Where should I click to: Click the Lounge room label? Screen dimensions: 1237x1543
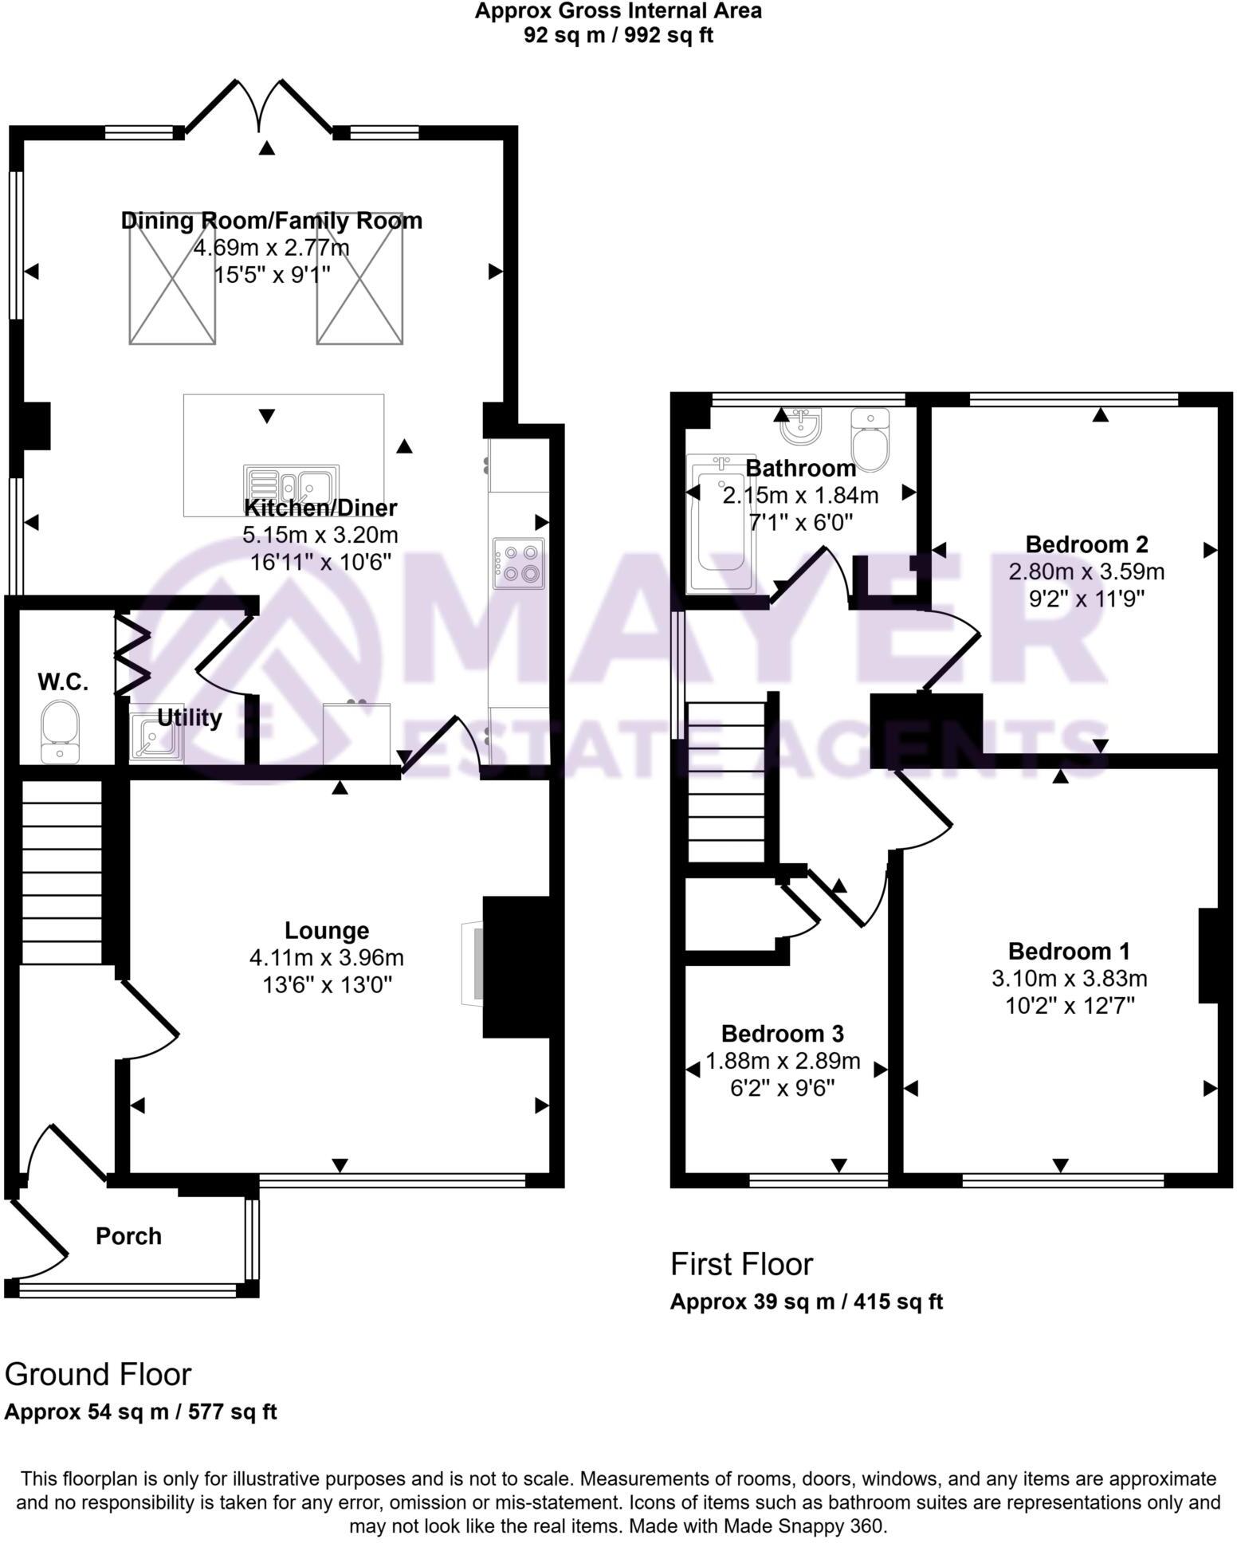tap(327, 930)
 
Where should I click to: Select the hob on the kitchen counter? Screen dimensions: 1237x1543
tap(519, 563)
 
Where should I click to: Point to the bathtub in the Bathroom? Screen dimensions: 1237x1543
tap(721, 524)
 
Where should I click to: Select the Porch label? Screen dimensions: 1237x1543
tap(128, 1235)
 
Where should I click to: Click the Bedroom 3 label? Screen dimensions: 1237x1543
tap(782, 1034)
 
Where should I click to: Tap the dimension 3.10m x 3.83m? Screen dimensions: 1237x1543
tap(1069, 978)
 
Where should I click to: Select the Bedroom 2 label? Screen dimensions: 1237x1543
tap(1086, 544)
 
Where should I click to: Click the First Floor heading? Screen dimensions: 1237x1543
tap(741, 1264)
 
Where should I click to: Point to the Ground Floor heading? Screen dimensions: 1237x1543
tap(98, 1374)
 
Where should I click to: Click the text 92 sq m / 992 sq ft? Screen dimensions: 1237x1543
tap(618, 35)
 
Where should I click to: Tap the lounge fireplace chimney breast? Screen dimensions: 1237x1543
tap(516, 967)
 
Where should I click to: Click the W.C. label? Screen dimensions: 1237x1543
tap(63, 682)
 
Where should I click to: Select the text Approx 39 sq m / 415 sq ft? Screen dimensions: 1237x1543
tap(806, 1302)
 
